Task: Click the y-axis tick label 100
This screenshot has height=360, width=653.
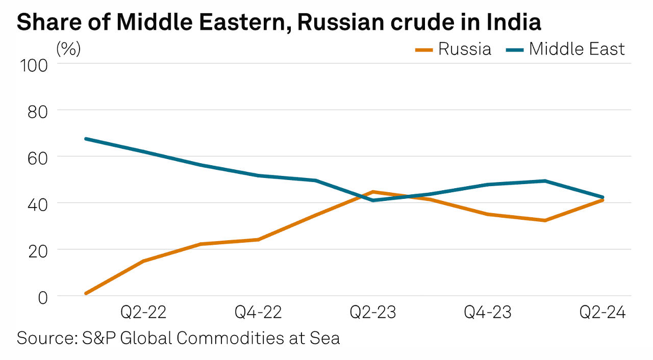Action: coord(33,65)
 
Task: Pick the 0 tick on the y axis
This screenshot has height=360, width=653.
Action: coord(41,297)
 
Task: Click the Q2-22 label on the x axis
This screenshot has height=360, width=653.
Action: coord(143,313)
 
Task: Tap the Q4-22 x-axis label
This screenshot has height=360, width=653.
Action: coord(258,313)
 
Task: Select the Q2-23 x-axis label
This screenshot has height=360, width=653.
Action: coord(373,313)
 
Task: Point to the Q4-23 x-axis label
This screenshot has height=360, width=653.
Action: coord(488,313)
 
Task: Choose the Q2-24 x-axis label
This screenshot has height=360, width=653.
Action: coord(602,313)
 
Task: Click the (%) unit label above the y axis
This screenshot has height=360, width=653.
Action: coord(68,49)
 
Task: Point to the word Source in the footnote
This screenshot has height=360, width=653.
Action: coord(45,338)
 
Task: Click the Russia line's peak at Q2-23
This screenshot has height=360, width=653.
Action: coord(373,192)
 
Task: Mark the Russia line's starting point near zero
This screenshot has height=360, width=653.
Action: coord(86,293)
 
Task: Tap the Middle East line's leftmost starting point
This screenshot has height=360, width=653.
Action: coord(86,139)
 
